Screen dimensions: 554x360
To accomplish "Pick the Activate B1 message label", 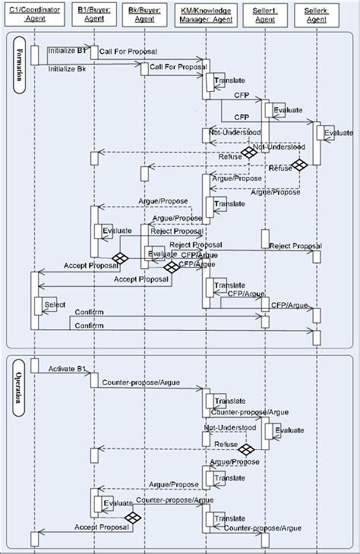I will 66,370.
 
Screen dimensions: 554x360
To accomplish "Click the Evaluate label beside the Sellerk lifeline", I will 338,133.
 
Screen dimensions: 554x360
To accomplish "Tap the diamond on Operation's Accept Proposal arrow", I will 134,518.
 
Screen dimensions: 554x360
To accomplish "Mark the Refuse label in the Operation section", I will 226,445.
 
